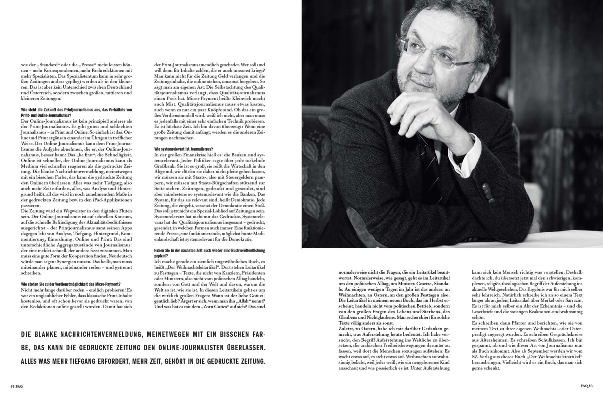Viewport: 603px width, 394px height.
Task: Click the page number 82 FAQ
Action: [17, 386]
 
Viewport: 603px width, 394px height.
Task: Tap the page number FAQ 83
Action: [586, 386]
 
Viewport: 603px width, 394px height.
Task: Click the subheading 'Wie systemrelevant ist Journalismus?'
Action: [184, 149]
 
